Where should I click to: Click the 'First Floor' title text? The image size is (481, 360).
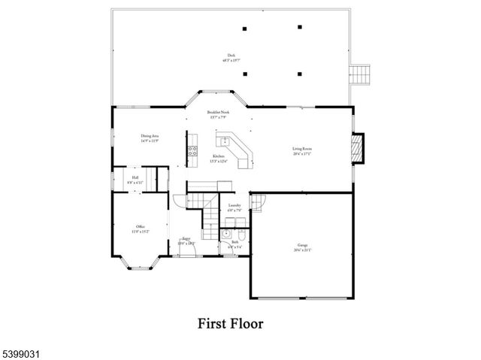[x=231, y=324]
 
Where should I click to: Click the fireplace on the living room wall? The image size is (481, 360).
[x=358, y=148]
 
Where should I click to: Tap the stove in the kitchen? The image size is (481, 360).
[x=192, y=150]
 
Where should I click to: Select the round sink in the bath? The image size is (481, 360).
[x=225, y=234]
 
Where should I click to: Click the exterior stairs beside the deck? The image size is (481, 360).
[x=362, y=74]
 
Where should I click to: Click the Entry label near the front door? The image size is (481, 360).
[x=186, y=242]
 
